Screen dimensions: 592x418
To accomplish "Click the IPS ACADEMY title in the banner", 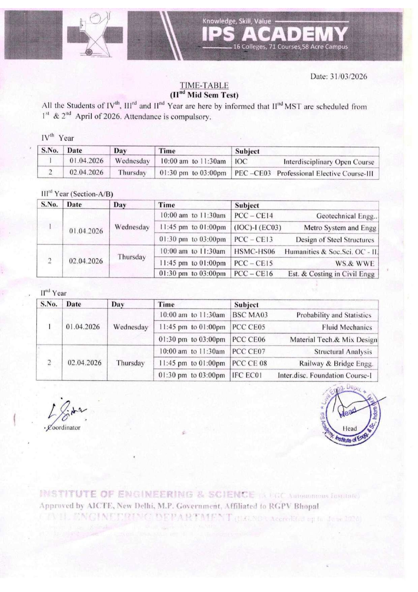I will point(275,34).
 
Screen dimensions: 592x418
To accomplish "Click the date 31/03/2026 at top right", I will point(338,76).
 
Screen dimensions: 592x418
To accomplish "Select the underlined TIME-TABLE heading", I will point(204,85).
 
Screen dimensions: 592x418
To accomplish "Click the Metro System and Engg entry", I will point(340,228).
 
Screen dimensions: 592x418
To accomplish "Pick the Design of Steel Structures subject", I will point(335,240).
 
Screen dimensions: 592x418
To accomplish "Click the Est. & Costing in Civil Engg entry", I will point(331,274).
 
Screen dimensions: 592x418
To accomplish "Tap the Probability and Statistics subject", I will point(334,315).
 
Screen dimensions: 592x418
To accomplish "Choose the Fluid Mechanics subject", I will point(346,327).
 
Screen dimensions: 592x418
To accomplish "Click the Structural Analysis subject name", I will point(343,352).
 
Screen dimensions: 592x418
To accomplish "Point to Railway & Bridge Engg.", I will point(336,364).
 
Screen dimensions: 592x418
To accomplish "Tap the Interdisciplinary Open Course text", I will point(329,162).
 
